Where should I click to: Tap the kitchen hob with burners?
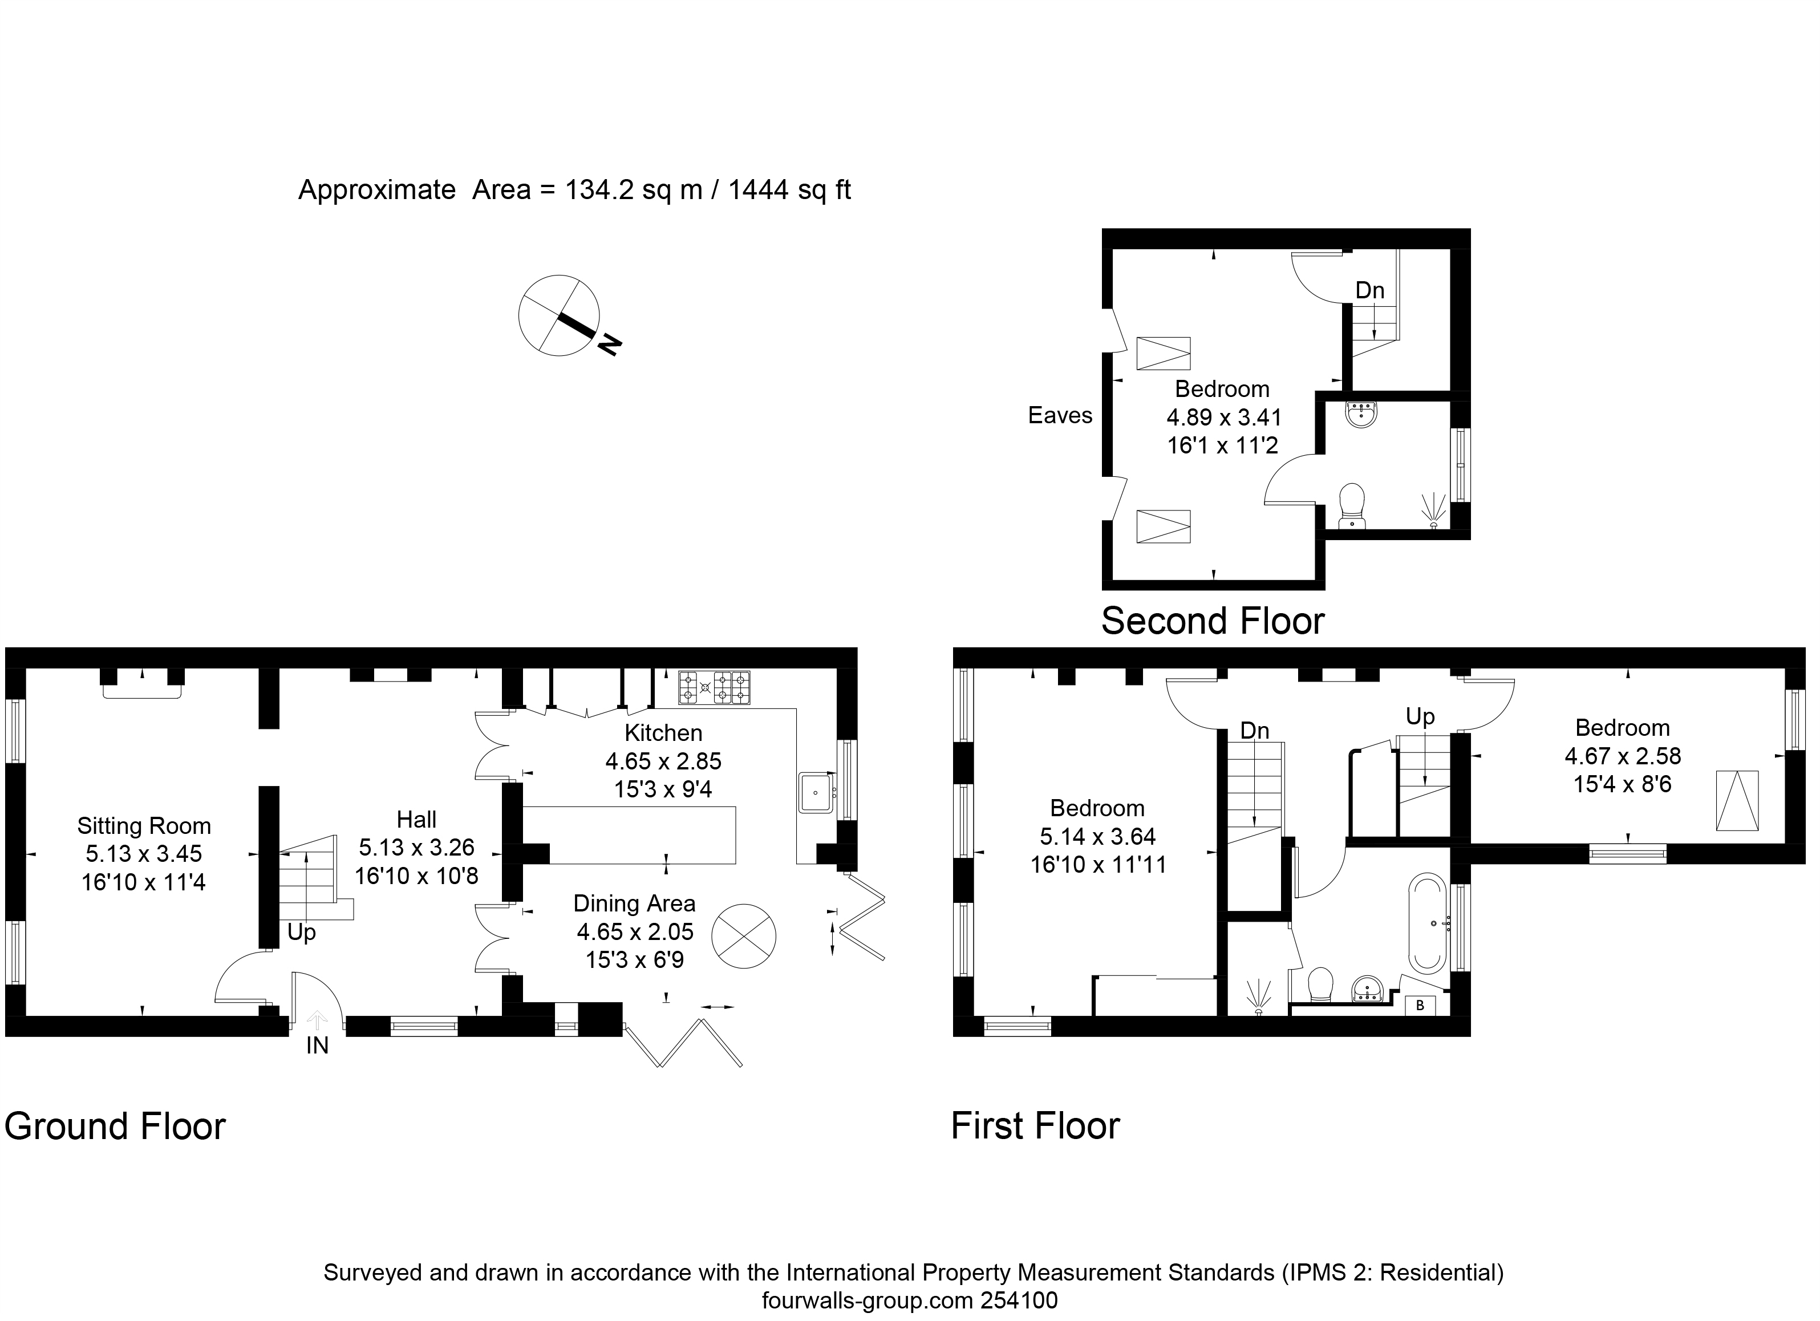tap(714, 688)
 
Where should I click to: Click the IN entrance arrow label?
tap(317, 1046)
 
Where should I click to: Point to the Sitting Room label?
tap(144, 826)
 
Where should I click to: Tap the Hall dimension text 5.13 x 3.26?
tap(416, 848)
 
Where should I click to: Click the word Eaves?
tap(1060, 416)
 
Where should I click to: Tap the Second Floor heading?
tap(1213, 621)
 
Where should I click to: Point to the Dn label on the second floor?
tap(1370, 290)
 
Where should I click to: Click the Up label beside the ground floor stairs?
tap(302, 933)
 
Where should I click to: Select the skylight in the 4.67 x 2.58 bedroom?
tap(1737, 800)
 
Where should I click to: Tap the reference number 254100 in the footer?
tap(1019, 1300)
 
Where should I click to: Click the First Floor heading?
tap(1035, 1126)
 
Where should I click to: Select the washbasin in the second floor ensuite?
tap(1361, 414)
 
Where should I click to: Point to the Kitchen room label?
tap(663, 733)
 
